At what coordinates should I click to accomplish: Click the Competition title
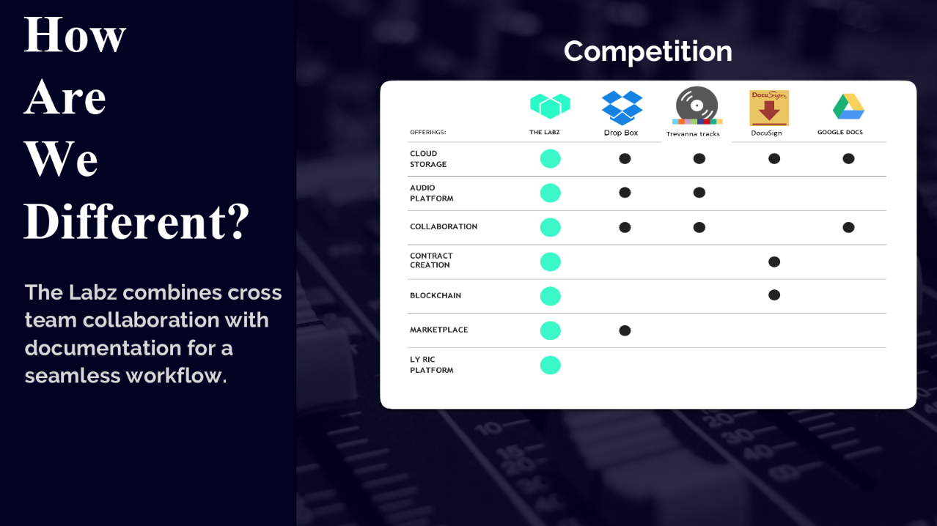pos(648,52)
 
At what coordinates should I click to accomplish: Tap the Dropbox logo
pos(622,108)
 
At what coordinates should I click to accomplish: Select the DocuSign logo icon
pos(769,108)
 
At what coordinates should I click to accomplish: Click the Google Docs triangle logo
pos(848,107)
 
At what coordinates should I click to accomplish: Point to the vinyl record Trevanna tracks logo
pos(697,105)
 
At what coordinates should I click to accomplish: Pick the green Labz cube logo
pos(550,105)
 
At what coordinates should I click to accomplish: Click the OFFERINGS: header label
pos(428,132)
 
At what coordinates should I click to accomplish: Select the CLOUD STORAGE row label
pos(428,159)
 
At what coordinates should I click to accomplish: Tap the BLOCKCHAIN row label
pos(436,296)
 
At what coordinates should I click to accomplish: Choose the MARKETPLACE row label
pos(438,330)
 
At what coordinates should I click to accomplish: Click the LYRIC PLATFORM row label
pos(431,365)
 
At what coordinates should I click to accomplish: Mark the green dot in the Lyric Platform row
pos(550,365)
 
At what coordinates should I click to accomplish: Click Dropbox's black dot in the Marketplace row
pos(625,330)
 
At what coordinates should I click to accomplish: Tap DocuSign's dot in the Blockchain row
pos(774,295)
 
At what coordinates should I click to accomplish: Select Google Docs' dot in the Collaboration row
pos(848,227)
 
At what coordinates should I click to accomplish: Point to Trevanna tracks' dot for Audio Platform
pos(699,193)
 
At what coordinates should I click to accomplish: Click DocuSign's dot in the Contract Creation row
pos(774,262)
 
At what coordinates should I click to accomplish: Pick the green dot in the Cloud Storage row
pos(550,159)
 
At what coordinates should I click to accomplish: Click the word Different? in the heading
pos(136,221)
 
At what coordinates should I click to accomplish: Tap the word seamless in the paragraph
pos(73,376)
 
